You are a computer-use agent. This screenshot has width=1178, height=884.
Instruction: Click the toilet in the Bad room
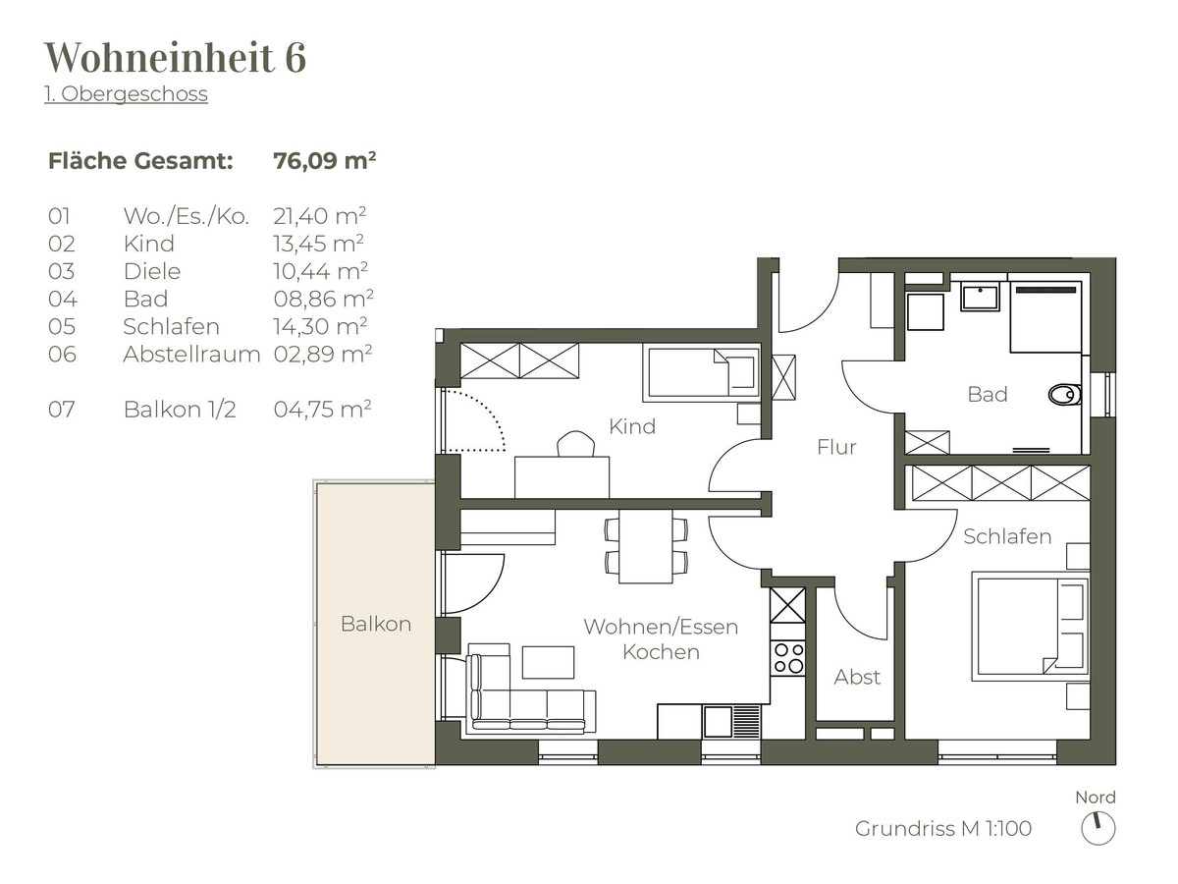(1064, 396)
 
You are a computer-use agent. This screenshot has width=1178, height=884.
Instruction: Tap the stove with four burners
(788, 658)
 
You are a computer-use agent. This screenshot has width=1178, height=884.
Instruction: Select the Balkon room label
(376, 624)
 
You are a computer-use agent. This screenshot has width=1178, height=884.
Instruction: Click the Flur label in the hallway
(836, 447)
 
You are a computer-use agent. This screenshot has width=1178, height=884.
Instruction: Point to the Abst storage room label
(857, 678)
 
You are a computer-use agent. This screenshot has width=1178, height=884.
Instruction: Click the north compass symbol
(1098, 828)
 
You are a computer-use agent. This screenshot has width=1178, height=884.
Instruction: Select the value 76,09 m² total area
(325, 160)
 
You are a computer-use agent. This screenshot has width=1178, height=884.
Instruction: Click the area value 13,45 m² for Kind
(319, 244)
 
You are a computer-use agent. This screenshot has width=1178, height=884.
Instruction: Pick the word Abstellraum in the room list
(191, 355)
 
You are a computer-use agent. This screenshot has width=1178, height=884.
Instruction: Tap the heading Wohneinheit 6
(175, 56)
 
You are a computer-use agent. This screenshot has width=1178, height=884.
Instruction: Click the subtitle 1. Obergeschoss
(126, 94)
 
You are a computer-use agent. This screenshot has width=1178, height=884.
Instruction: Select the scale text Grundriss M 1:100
(943, 828)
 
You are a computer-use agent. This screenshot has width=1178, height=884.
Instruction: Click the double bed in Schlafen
(1031, 627)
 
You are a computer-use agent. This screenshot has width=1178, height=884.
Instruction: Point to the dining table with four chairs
(646, 546)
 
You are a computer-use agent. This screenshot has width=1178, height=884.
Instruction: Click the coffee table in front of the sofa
(548, 662)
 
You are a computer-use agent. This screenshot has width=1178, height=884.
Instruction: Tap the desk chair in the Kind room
(576, 444)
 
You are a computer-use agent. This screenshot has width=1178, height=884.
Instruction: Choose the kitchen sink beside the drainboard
(718, 721)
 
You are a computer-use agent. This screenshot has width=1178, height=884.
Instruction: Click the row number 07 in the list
(62, 410)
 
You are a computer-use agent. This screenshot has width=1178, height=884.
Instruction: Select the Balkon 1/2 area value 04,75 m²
(323, 410)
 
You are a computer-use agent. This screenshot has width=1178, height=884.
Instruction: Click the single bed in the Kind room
(703, 372)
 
